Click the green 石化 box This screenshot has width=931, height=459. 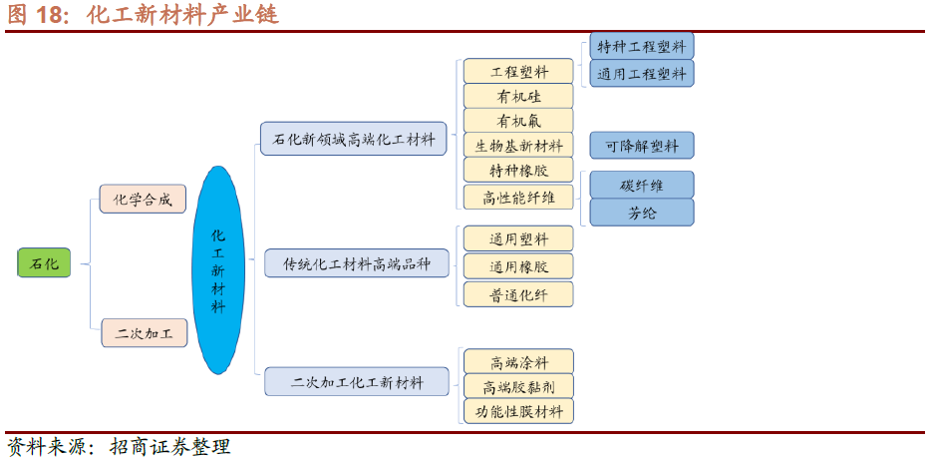tap(44, 262)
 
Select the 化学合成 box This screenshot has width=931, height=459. tap(143, 200)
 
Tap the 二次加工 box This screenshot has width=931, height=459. tap(144, 333)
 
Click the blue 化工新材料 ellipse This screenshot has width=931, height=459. tap(218, 270)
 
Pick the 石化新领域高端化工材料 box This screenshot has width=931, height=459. tap(353, 139)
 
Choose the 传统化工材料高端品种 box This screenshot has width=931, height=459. tap(357, 262)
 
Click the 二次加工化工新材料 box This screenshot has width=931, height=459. tap(357, 382)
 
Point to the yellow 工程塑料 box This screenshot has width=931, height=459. tap(518, 72)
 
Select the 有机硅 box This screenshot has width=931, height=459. tap(518, 96)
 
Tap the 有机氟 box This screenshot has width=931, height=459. tap(518, 121)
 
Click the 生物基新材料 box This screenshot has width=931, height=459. tap(518, 145)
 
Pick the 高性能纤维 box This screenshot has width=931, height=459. tap(518, 197)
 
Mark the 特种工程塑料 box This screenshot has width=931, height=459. tap(641, 46)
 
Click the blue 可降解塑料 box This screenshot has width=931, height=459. tap(641, 145)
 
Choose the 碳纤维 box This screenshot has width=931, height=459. tap(641, 185)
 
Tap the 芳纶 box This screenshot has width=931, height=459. tap(641, 213)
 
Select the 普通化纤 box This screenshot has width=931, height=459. tap(518, 294)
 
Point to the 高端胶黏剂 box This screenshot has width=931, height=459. tap(518, 386)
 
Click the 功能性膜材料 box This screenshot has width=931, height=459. tap(518, 411)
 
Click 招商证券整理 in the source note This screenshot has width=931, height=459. tap(169, 446)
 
